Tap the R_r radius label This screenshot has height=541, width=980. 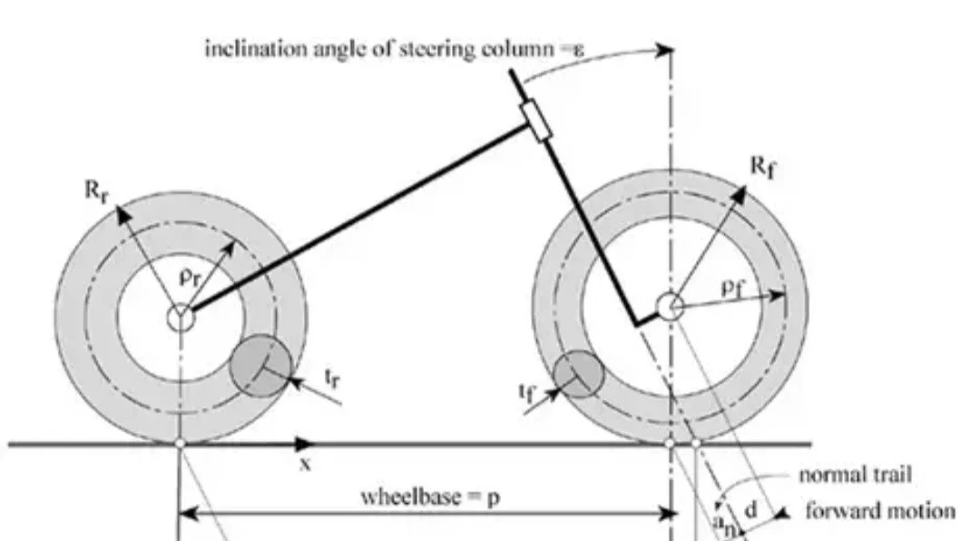96,191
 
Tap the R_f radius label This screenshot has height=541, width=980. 762,166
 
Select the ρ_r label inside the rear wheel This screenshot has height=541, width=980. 191,276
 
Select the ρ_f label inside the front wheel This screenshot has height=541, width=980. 733,287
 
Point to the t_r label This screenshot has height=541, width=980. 333,378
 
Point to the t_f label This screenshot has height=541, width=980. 528,391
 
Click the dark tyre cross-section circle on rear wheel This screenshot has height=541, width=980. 260,366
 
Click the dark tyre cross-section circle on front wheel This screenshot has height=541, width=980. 579,374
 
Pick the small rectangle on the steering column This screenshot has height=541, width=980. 536,121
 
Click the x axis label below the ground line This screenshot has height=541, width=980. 305,464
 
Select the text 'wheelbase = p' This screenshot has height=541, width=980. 430,497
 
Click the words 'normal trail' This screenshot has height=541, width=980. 855,475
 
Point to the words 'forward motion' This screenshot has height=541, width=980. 880,511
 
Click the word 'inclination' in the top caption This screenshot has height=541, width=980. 256,48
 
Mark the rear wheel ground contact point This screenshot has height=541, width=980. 181,444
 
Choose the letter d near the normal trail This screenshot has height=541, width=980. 751,510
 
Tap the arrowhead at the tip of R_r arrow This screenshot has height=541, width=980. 122,215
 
